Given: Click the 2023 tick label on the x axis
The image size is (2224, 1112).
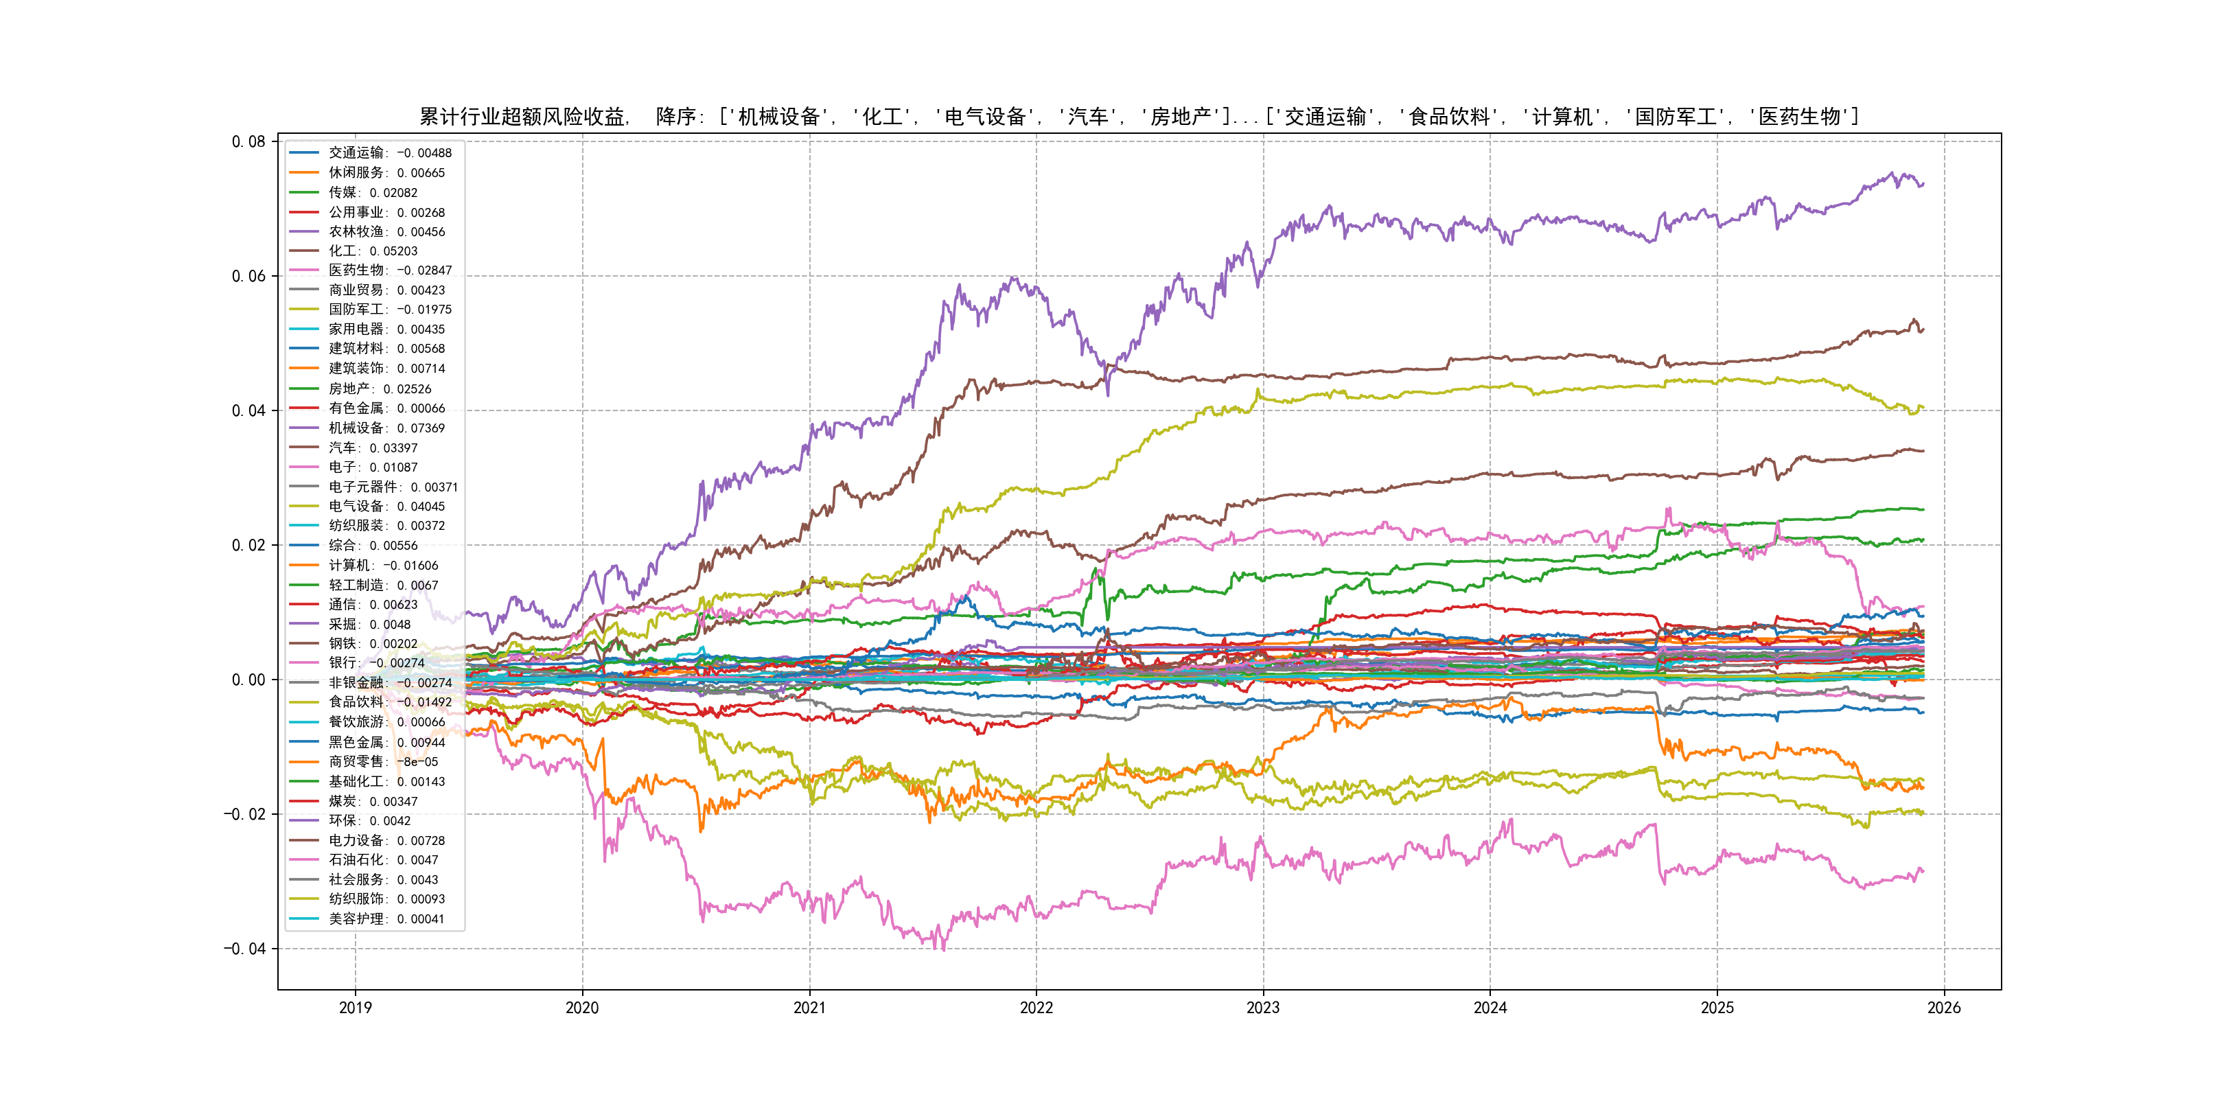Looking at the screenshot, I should [1263, 1008].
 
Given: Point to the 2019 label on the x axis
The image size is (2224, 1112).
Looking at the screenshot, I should [355, 1008].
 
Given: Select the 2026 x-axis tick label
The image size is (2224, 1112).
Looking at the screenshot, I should [1943, 1008].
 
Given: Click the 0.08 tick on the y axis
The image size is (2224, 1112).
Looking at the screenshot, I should [248, 141].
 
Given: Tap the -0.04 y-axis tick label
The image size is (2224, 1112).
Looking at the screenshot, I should [245, 949].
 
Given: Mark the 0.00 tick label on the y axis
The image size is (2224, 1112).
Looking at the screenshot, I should [248, 680].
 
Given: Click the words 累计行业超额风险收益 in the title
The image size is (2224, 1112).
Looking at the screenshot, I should [523, 117].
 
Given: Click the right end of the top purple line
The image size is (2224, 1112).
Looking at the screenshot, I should [1923, 184].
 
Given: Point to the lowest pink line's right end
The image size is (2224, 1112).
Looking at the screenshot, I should [1923, 871].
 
